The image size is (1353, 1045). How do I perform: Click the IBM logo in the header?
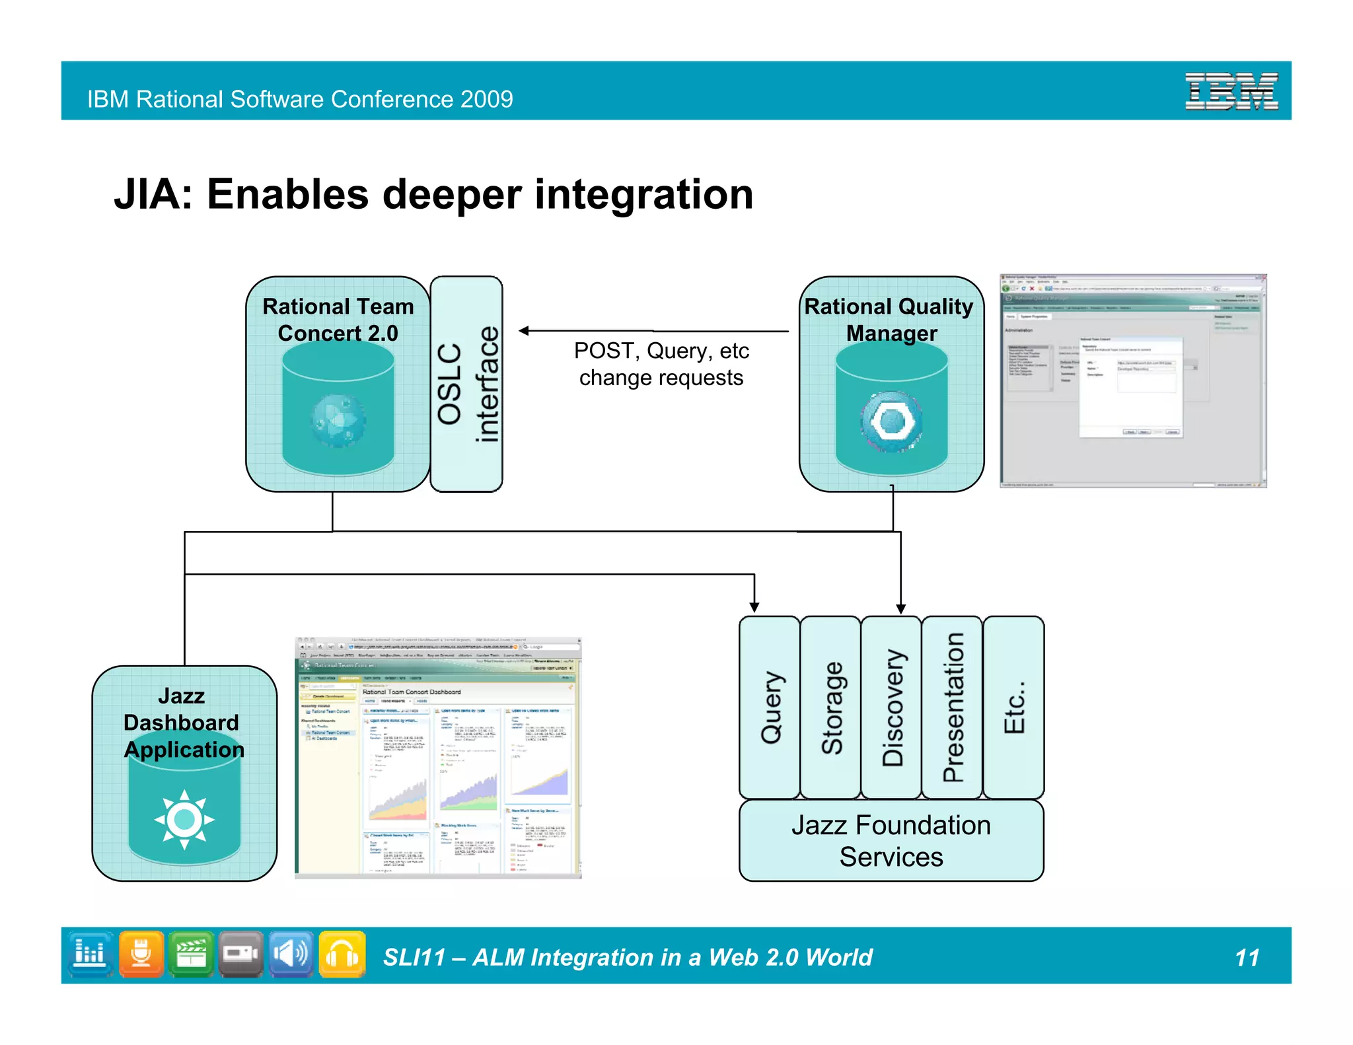[1231, 91]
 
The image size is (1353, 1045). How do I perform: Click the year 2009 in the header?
[486, 99]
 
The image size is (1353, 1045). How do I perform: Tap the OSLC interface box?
[466, 384]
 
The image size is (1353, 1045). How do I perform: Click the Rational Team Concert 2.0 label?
[338, 320]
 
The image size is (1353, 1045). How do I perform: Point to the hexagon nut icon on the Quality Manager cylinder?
[891, 421]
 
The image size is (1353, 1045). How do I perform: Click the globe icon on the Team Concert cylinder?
[338, 420]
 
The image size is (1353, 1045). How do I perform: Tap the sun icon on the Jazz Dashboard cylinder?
[184, 819]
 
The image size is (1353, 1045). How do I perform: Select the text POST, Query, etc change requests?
[661, 364]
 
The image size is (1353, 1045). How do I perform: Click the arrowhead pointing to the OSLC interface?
[524, 331]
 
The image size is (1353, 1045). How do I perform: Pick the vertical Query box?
[770, 707]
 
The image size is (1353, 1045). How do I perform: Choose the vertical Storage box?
[830, 707]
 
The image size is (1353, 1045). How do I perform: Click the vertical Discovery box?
[891, 707]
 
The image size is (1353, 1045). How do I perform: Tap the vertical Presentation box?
[952, 707]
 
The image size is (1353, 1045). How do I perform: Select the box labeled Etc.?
[1013, 707]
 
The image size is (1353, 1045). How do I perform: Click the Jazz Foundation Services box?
[891, 841]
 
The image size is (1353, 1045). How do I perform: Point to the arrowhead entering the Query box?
[754, 607]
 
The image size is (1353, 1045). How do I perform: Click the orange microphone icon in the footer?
[141, 955]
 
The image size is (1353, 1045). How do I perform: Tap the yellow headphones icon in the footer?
[342, 955]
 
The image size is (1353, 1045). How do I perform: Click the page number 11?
[1247, 958]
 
